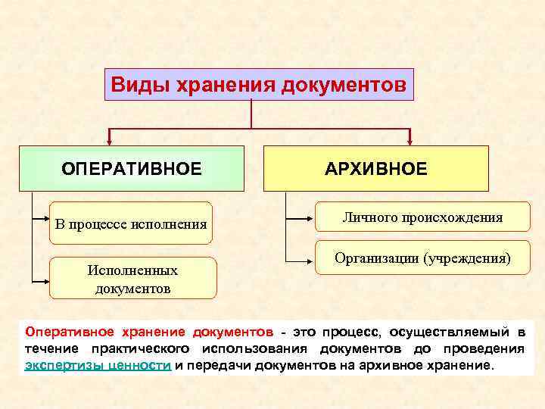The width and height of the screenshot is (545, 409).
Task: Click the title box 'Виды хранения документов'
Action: coord(259,84)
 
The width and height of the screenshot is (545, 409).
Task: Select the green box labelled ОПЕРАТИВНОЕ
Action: coord(132,168)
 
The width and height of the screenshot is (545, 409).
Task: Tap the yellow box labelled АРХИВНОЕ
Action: coord(375,168)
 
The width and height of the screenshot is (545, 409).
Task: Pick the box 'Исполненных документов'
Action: coord(132,279)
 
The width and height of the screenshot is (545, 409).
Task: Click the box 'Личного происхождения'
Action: coord(422,218)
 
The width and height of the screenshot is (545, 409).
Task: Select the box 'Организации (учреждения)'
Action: coord(422,258)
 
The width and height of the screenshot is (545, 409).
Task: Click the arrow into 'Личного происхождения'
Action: coord(310,219)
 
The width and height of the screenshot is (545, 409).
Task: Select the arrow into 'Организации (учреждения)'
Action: coord(310,258)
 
